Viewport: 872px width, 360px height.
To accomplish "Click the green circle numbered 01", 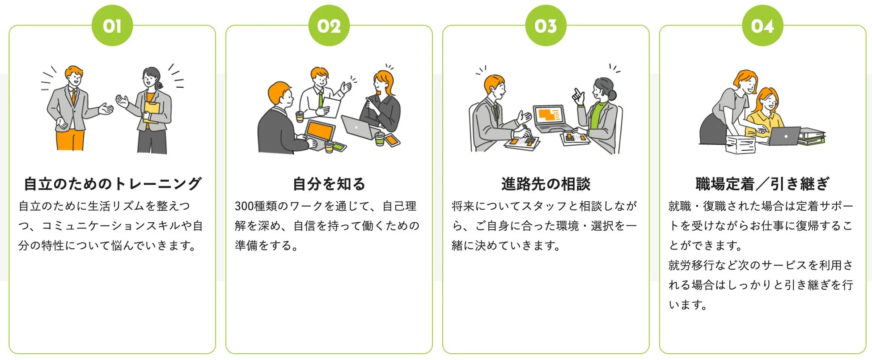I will [x=112, y=25].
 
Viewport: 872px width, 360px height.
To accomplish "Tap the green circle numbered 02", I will [x=329, y=25].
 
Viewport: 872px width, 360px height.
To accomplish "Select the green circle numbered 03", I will [x=546, y=25].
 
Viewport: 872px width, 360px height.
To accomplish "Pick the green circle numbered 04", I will [x=762, y=25].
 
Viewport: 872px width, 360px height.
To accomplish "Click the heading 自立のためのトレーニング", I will [x=112, y=184].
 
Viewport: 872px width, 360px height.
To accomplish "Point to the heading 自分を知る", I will [x=329, y=184].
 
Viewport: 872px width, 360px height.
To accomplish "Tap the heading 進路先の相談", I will [x=546, y=184].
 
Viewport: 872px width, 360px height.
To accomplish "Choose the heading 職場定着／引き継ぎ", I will [x=762, y=184].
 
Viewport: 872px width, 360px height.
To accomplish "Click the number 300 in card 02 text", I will [x=244, y=206].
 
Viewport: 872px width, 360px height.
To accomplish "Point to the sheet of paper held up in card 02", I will [x=330, y=107].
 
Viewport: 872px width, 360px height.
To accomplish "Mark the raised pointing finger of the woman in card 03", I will [x=577, y=94].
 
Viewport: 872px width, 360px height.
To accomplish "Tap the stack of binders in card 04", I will [x=811, y=137].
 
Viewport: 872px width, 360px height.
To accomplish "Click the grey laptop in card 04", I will [x=785, y=136].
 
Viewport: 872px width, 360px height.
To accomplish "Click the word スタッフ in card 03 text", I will [x=538, y=206].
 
